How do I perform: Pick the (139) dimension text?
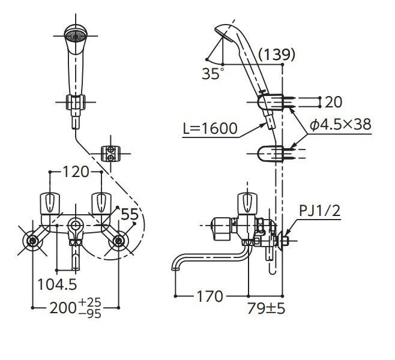276,55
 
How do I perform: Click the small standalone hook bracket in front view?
109,154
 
